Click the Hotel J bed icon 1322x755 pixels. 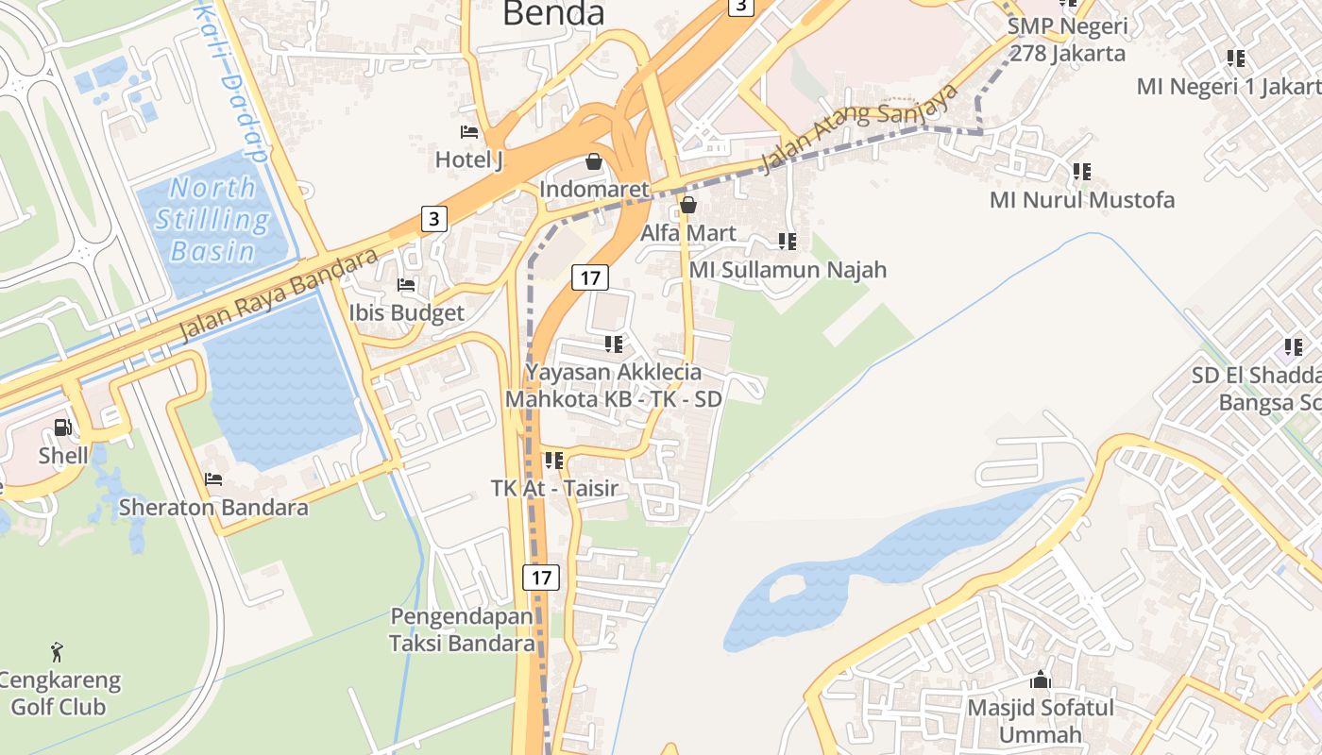pos(469,132)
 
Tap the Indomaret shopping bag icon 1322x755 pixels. pos(594,161)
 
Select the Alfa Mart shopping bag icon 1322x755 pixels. pos(687,205)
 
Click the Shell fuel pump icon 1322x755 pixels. pos(62,428)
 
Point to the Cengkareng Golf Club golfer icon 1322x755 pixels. pos(57,651)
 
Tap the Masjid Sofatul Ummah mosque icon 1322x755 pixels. pos(1041,679)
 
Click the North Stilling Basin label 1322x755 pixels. pos(212,220)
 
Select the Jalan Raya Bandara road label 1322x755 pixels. pos(279,294)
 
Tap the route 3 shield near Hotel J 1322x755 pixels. pos(432,219)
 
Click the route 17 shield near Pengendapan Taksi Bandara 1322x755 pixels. pos(540,577)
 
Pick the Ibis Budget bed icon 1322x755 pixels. pos(406,284)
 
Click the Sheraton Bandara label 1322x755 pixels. pos(213,508)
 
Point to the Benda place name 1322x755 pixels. pos(553,14)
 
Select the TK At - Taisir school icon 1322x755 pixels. pos(554,461)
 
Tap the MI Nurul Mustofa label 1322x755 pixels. pos(1082,200)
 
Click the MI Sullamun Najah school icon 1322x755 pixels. pos(788,242)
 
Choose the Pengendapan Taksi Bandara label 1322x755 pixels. pos(463,630)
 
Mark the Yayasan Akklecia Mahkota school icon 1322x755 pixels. pos(614,344)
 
